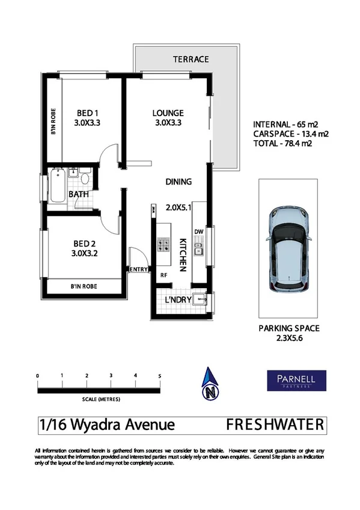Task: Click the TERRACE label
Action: [191, 60]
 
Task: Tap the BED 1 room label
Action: [87, 112]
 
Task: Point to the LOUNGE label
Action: [168, 112]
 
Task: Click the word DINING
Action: [178, 182]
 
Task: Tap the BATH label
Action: [79, 194]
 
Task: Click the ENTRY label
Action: [138, 269]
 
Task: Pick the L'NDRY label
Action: [178, 300]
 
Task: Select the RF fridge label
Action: [163, 275]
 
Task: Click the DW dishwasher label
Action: [200, 232]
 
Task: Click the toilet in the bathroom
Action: [84, 178]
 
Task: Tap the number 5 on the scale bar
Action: [160, 376]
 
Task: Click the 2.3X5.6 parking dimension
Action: [288, 338]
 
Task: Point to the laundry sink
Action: [206, 299]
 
